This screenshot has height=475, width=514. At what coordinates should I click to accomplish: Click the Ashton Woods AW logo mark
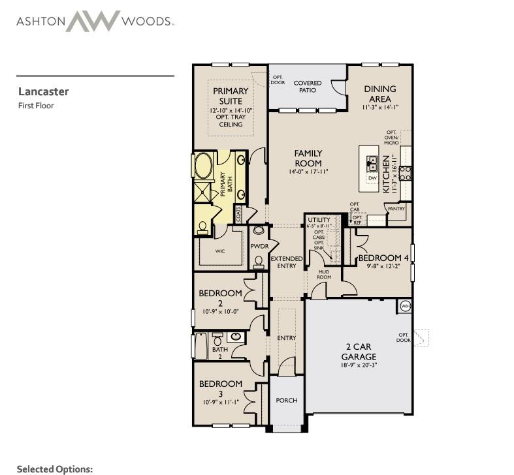(93, 21)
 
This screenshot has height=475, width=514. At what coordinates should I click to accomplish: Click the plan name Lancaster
(43, 91)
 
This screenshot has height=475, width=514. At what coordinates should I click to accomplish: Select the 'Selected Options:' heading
(55, 468)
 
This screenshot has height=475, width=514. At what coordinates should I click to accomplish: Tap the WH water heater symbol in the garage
(406, 306)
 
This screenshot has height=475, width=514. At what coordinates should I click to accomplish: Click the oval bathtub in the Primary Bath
(203, 166)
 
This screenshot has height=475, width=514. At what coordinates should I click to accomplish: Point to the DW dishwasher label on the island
(372, 178)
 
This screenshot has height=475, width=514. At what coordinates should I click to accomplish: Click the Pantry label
(396, 209)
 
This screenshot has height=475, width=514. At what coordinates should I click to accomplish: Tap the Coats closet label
(238, 213)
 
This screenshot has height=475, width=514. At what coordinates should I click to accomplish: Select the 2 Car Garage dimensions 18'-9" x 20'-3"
(359, 365)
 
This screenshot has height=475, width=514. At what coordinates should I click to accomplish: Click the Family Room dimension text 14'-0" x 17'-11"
(308, 172)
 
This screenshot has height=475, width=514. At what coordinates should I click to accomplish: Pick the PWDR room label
(259, 246)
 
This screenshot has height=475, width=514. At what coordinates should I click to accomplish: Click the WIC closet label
(220, 251)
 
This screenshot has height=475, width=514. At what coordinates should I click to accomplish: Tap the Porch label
(287, 401)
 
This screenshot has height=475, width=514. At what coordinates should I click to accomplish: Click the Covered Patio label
(308, 87)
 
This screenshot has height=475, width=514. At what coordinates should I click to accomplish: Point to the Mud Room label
(324, 274)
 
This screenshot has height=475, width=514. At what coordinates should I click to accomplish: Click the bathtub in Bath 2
(201, 346)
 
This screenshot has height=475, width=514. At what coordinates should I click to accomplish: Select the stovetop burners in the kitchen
(406, 174)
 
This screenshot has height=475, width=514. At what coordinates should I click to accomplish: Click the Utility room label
(319, 219)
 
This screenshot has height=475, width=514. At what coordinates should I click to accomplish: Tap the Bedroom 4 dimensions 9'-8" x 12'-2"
(383, 266)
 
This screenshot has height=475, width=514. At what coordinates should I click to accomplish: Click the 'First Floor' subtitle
(36, 106)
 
